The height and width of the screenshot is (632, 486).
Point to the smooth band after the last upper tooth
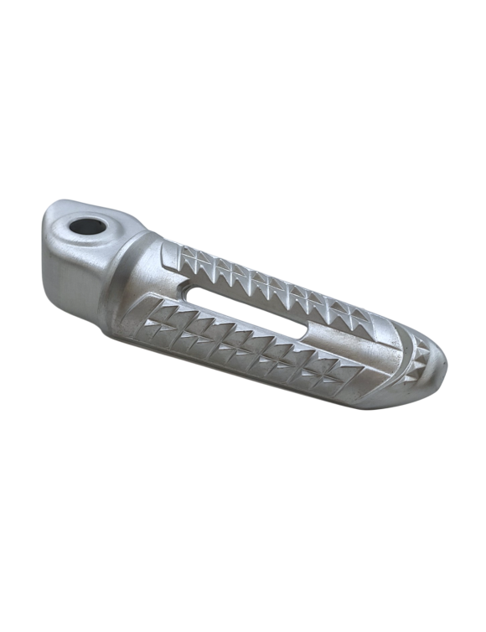click(x=384, y=329)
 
